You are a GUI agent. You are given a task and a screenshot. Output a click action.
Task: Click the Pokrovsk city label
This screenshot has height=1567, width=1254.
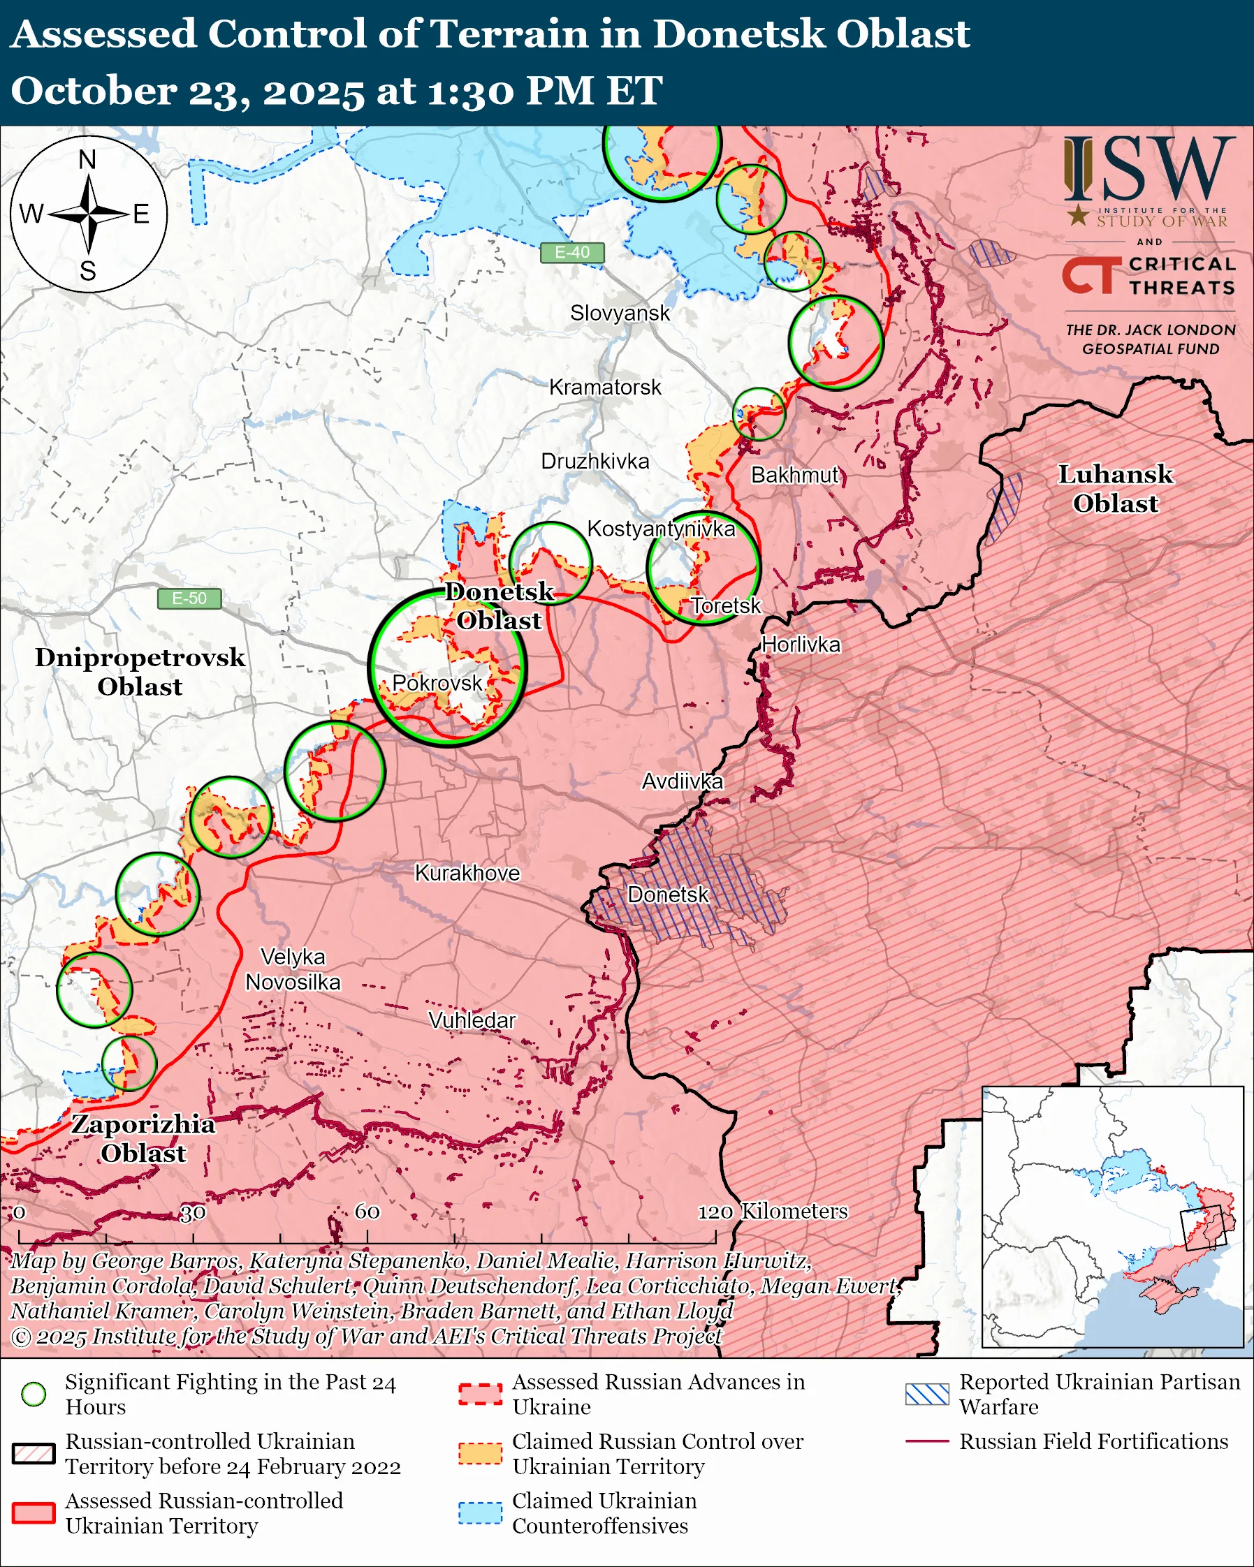click(x=437, y=682)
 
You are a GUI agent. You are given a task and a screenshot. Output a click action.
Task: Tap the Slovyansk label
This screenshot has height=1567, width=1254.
click(x=620, y=314)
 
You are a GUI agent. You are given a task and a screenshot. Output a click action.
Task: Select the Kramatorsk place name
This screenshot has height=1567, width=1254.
click(x=605, y=388)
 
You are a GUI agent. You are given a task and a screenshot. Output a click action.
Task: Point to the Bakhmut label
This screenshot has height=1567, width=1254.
click(x=794, y=476)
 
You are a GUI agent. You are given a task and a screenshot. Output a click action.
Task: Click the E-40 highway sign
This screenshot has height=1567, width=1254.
click(x=572, y=252)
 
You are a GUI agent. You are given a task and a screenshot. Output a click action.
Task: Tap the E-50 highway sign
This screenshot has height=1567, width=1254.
click(x=189, y=598)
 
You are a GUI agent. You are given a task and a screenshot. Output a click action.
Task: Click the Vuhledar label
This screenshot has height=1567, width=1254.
click(x=472, y=1020)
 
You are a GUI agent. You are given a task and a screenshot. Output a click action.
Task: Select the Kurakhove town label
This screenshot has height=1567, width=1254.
click(x=467, y=873)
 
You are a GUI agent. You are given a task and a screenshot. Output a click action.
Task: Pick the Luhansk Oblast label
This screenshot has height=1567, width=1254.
click(x=1115, y=488)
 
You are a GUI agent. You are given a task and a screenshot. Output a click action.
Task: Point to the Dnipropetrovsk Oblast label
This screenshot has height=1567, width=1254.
click(x=140, y=672)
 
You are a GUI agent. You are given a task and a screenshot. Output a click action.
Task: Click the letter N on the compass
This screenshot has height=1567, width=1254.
click(x=87, y=160)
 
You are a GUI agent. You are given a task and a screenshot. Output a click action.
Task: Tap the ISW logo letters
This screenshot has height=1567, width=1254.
click(x=1149, y=168)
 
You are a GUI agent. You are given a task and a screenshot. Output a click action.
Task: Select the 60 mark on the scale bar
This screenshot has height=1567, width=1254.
click(x=367, y=1212)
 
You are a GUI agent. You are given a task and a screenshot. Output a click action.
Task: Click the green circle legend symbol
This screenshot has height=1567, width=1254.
click(x=34, y=1394)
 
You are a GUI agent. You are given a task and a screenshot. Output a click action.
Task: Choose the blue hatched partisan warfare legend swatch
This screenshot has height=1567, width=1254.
click(x=927, y=1394)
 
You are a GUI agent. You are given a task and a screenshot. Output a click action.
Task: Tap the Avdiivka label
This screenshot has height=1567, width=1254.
click(x=682, y=781)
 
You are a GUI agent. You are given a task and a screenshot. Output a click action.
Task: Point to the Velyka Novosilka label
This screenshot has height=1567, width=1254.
click(x=293, y=969)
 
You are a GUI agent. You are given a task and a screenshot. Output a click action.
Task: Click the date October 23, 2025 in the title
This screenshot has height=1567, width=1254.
click(x=187, y=91)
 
